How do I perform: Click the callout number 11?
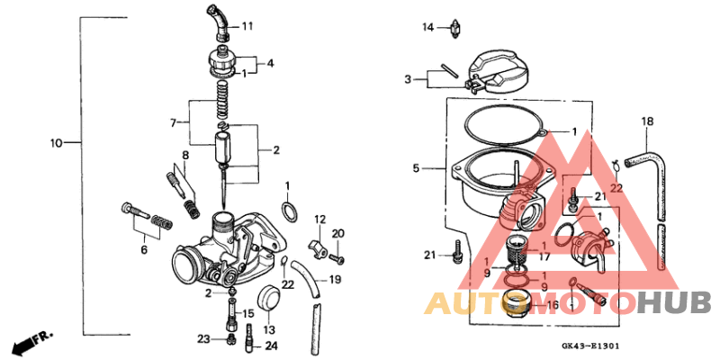(247, 27)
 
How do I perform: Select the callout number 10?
(56, 143)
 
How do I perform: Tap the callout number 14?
(428, 28)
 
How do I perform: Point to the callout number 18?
(646, 121)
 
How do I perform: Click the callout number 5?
(416, 167)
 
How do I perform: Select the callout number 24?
(272, 346)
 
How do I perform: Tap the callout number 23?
(204, 339)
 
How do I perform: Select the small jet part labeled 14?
(457, 28)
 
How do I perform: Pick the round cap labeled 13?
(268, 300)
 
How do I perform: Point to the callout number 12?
(319, 220)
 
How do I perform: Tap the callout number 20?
(338, 234)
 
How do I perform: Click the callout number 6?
(142, 250)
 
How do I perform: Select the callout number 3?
(408, 79)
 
